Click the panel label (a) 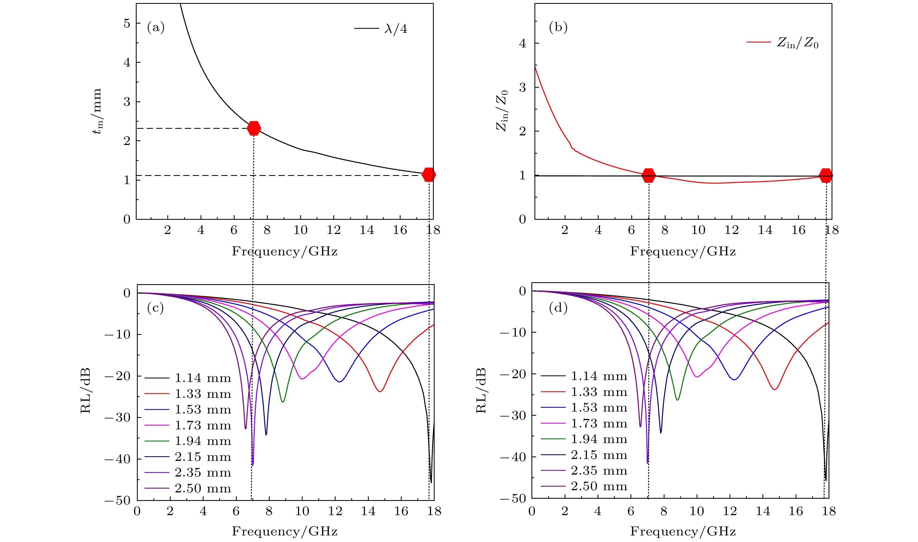pos(156,28)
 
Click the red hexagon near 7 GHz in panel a pos(254,128)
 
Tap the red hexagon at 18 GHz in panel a pos(429,175)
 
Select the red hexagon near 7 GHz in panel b pos(649,175)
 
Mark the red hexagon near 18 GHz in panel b pos(826,175)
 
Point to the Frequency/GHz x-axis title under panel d pos(683,531)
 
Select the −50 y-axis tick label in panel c pos(117,500)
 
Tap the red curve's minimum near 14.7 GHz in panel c pos(380,391)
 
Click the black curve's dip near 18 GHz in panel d pos(826,480)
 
